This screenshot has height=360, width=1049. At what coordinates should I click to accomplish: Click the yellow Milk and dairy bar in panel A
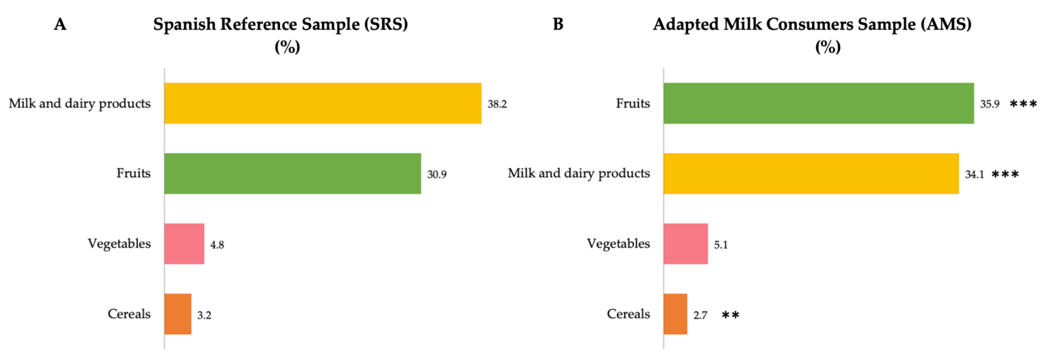click(322, 103)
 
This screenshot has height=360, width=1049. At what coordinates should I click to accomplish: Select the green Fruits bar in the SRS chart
click(292, 174)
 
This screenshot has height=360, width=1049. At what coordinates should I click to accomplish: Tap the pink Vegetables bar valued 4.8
click(184, 244)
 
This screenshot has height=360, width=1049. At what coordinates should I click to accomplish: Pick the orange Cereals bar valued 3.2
click(177, 314)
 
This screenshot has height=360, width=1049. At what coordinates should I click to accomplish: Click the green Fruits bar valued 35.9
click(819, 103)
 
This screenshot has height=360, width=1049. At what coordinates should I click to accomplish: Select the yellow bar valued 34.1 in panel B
click(811, 174)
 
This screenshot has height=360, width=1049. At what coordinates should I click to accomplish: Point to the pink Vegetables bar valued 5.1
click(685, 244)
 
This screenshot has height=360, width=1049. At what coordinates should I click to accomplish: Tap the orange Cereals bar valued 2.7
click(675, 314)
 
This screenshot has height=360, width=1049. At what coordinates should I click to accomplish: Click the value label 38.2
click(497, 104)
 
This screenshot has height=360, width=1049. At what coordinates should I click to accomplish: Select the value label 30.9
click(437, 175)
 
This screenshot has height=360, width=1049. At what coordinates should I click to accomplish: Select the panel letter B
click(558, 24)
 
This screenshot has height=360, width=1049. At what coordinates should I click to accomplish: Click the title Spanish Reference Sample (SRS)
click(281, 24)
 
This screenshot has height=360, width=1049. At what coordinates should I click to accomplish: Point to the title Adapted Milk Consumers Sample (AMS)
click(812, 24)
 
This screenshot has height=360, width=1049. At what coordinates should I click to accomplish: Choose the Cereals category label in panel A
click(129, 314)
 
